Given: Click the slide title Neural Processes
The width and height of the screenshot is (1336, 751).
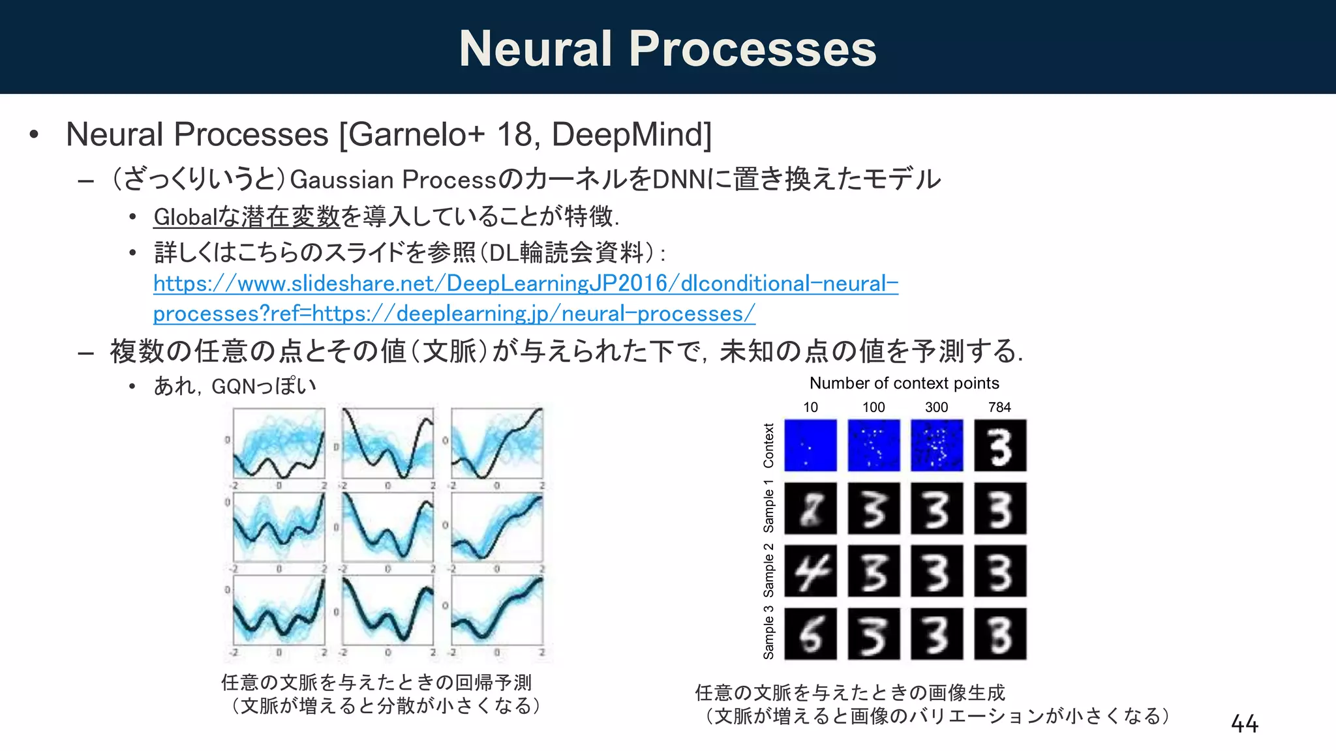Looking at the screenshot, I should pyautogui.click(x=667, y=49).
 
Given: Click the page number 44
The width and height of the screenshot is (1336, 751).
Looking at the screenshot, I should pyautogui.click(x=1244, y=724).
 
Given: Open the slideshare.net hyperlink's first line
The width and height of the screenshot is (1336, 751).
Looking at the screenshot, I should pyautogui.click(x=525, y=284).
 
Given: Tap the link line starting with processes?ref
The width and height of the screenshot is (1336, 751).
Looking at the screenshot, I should pyautogui.click(x=454, y=314).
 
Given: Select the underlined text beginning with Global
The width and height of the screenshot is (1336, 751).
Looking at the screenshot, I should pyautogui.click(x=247, y=216).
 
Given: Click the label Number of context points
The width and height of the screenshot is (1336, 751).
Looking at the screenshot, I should pyautogui.click(x=904, y=383).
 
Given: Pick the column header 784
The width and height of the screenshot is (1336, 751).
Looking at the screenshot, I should pyautogui.click(x=999, y=407).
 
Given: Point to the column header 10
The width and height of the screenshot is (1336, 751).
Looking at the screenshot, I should pyautogui.click(x=810, y=407).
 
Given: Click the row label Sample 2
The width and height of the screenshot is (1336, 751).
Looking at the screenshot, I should pyautogui.click(x=768, y=571).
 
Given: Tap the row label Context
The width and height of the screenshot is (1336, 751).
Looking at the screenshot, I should pyautogui.click(x=768, y=445).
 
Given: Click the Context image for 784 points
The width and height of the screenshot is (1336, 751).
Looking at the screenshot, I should pyautogui.click(x=1000, y=445).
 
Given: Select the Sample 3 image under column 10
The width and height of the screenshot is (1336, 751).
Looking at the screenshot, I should pyautogui.click(x=810, y=634).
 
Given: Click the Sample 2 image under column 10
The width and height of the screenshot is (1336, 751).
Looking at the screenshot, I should pyautogui.click(x=810, y=571).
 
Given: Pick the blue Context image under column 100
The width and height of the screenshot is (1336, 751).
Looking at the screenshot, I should pyautogui.click(x=873, y=445).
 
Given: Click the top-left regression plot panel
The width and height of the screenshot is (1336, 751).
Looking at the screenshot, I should pyautogui.click(x=279, y=443).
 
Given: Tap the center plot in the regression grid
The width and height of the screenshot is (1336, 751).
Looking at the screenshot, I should pyautogui.click(x=387, y=527).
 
